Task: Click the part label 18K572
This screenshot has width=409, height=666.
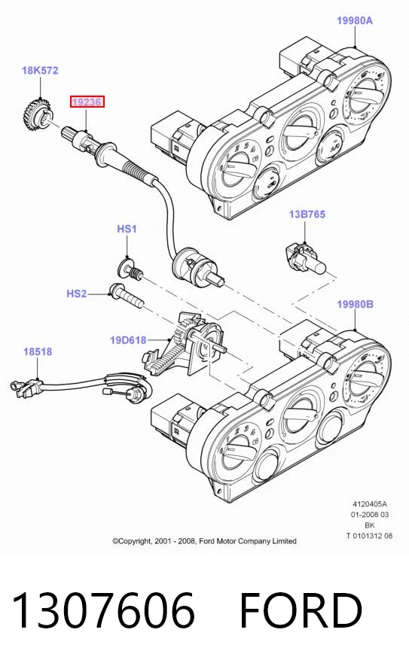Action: pos(40,70)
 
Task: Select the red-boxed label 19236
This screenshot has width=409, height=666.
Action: pos(87,102)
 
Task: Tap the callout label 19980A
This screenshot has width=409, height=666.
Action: pos(355,20)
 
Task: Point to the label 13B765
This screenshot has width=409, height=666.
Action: pos(307,214)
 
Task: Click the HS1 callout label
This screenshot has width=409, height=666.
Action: pos(127,229)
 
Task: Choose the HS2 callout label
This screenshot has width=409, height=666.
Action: pos(77,293)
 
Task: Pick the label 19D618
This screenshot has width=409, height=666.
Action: pos(128,340)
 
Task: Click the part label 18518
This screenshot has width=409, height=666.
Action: pos(38,351)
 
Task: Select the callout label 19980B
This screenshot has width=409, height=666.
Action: pos(355,304)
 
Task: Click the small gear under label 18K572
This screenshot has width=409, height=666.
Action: pos(36,114)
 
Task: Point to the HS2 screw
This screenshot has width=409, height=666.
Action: pos(127,297)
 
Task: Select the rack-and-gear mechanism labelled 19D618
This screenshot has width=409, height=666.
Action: pos(184,343)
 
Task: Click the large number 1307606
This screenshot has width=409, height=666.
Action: pos(103,610)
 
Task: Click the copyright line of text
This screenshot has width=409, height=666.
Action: pos(204,541)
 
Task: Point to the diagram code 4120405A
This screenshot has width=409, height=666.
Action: pos(370,504)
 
